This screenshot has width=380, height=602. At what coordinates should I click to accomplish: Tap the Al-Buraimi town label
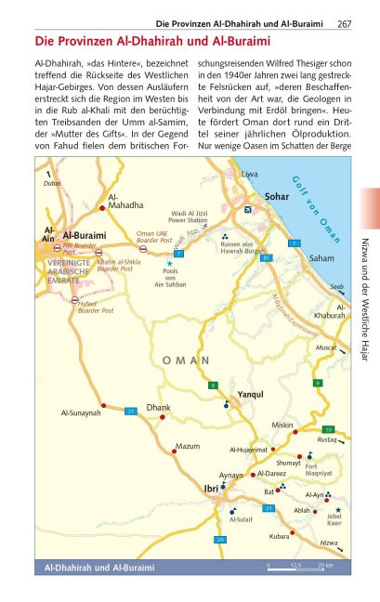[85, 236]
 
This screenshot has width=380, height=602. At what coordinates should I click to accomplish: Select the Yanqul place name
[251, 395]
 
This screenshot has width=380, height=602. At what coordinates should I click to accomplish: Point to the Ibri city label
[211, 486]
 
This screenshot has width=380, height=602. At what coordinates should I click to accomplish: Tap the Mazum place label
[188, 447]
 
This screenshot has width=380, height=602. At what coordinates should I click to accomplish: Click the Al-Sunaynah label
[80, 412]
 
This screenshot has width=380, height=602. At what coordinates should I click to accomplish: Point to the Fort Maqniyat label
[319, 470]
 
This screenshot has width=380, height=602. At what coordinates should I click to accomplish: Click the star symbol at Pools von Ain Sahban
[169, 265]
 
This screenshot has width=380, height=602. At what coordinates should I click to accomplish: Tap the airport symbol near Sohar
[246, 209]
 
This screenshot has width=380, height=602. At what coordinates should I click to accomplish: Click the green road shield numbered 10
[328, 429]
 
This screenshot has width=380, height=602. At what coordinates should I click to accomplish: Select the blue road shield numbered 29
[220, 540]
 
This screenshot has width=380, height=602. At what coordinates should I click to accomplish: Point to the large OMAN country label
[186, 360]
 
